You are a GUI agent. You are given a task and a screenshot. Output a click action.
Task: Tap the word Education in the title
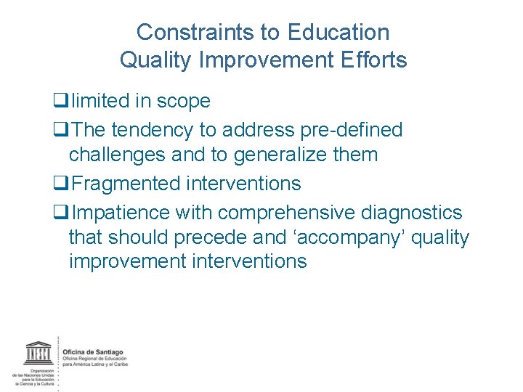(339, 33)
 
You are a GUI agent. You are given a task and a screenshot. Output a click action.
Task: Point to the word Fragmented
(127, 184)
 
